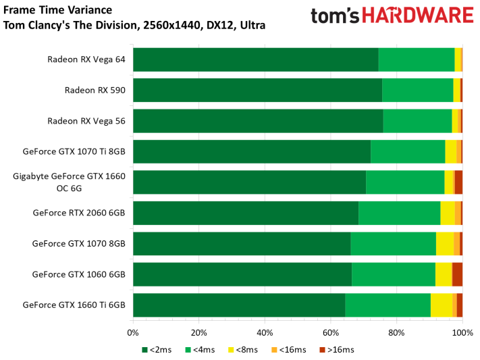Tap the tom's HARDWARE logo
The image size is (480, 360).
point(392,16)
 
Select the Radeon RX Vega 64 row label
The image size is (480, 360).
point(86,59)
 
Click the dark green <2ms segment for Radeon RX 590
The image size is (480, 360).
point(257,90)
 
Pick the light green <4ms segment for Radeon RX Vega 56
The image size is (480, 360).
point(417,121)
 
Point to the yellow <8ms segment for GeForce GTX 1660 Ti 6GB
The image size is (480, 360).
point(442,305)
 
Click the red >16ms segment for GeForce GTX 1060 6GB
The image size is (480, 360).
point(457,274)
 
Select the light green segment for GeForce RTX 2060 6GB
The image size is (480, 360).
point(399,213)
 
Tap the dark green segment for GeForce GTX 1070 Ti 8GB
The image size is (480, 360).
point(252,151)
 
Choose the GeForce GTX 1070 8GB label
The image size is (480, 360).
point(79,243)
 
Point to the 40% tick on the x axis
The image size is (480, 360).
point(265,332)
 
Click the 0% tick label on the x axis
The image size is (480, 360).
point(133,332)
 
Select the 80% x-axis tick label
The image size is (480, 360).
point(396,332)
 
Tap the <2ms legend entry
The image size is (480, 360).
point(158,349)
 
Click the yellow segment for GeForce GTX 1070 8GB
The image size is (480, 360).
point(445,243)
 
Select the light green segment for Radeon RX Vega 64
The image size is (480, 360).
point(417,59)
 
